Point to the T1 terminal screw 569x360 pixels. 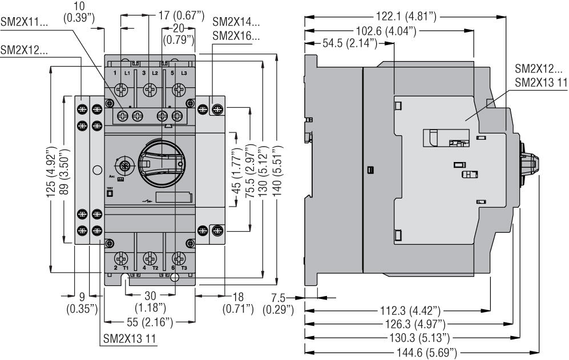[121, 258]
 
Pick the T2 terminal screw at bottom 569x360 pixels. [150, 258]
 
